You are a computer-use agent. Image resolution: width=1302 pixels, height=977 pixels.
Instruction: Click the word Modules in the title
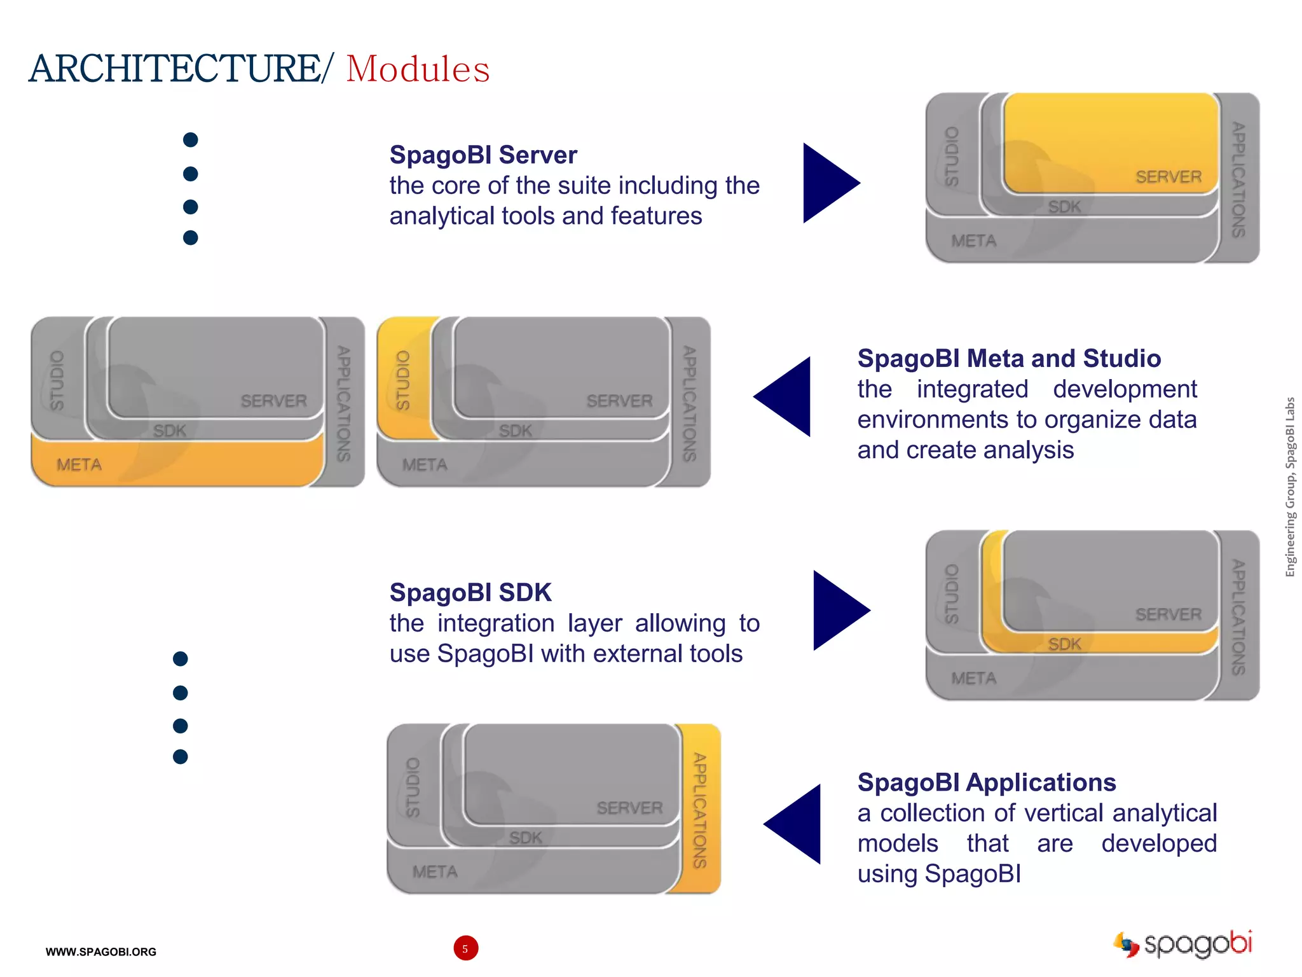(x=418, y=69)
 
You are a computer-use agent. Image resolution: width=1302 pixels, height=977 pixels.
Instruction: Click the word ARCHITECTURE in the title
(x=175, y=69)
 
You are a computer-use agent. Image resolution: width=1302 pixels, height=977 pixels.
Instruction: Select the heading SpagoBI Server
(x=483, y=155)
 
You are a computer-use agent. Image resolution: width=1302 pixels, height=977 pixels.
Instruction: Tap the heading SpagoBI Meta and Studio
(x=1009, y=359)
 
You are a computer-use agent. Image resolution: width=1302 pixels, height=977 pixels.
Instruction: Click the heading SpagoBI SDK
(x=470, y=593)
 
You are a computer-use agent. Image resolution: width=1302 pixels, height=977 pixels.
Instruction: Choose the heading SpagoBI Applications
(x=987, y=782)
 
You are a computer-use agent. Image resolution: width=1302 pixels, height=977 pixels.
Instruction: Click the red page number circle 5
(x=465, y=948)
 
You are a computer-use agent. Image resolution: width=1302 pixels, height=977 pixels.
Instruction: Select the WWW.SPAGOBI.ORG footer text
(x=100, y=952)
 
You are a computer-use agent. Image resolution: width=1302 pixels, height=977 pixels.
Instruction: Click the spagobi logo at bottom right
(x=1184, y=943)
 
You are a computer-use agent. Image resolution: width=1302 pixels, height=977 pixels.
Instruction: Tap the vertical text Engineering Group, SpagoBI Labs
(x=1290, y=487)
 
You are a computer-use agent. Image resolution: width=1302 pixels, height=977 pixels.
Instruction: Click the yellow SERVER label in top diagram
(x=1168, y=177)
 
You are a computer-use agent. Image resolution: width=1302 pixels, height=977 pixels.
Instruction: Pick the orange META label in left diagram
(x=79, y=465)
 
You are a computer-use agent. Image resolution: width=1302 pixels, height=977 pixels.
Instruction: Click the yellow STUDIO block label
(x=403, y=380)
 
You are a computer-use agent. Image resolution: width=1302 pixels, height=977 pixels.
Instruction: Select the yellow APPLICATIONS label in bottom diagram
(x=700, y=810)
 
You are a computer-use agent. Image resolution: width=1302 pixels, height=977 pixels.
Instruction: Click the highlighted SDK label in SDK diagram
(x=1064, y=644)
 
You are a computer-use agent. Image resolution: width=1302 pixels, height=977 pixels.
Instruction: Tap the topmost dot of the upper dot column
(x=190, y=140)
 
